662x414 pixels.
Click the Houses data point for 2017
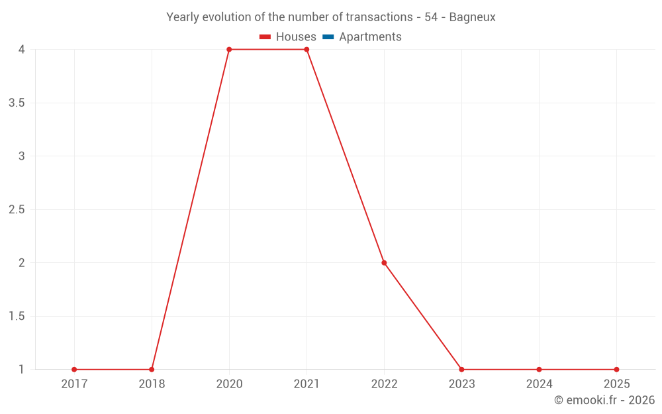[74, 370]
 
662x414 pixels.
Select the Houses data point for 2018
[152, 370]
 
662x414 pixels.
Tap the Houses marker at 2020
[229, 50]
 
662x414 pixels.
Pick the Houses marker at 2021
[307, 50]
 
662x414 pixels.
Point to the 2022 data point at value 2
[384, 263]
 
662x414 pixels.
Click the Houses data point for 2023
[461, 370]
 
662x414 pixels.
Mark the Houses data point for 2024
[539, 370]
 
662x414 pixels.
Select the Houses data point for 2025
[616, 370]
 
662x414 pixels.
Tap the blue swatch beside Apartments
[328, 37]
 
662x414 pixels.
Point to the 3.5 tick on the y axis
[17, 103]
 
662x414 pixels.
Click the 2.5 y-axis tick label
[17, 209]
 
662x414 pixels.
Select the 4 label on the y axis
[22, 50]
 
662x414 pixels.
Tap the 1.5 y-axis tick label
[17, 316]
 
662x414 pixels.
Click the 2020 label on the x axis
[229, 384]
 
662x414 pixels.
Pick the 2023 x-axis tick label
[461, 384]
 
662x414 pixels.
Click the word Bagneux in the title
[472, 17]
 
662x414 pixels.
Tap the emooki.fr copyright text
[604, 400]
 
